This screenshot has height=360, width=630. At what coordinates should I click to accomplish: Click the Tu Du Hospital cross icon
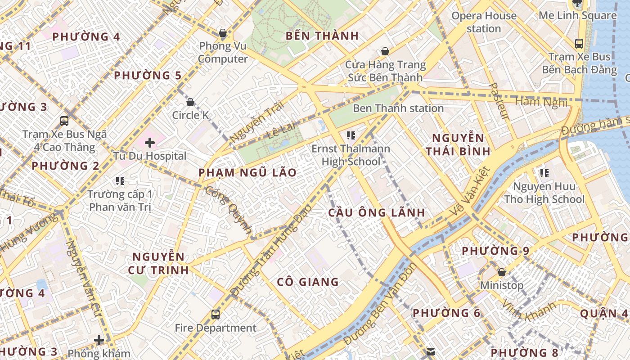tap(150, 143)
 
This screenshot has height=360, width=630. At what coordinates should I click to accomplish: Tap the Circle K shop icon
tap(190, 102)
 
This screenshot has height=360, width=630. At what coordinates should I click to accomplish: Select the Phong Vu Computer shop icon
tap(222, 33)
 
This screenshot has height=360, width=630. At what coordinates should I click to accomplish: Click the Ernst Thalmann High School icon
tap(351, 135)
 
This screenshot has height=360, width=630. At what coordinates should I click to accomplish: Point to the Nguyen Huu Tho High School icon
tap(544, 173)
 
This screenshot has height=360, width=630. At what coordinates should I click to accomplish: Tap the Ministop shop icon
tap(502, 272)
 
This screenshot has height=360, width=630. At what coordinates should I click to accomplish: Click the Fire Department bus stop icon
tap(216, 315)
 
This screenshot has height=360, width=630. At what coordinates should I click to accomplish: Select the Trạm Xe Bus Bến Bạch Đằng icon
tap(579, 44)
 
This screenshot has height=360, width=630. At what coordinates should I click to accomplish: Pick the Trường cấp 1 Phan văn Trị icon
tap(120, 181)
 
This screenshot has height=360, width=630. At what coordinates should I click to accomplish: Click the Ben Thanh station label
tap(398, 108)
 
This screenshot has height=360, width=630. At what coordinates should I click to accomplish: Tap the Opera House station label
tap(484, 22)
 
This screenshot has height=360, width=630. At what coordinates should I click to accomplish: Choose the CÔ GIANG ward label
tap(308, 282)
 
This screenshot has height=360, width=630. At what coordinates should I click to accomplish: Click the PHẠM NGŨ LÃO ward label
tap(247, 173)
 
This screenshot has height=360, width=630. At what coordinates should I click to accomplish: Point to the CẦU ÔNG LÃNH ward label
tap(376, 212)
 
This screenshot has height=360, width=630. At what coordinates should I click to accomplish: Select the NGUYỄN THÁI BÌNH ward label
tap(458, 144)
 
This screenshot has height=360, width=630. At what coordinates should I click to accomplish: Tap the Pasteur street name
tap(500, 101)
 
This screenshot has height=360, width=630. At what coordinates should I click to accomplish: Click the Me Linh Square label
tap(578, 15)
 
